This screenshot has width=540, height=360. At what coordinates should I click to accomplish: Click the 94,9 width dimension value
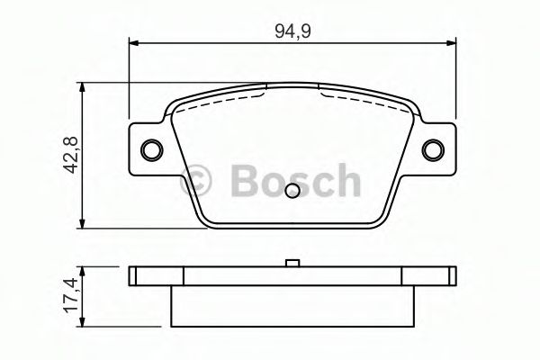293,29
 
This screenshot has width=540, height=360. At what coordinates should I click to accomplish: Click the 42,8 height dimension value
64,156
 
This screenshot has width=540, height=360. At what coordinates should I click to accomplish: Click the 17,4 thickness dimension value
64,294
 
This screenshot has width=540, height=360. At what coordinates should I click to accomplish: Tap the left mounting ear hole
153,149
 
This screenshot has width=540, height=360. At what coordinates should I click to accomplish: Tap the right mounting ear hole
434,149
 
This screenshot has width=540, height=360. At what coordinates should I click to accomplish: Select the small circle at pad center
292,191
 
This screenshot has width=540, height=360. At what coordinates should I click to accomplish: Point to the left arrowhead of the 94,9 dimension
134,40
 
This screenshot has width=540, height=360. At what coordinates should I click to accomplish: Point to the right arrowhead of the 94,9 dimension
452,40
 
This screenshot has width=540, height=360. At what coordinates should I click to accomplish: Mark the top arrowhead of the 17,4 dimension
83,269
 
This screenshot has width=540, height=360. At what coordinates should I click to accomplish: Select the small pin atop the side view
292,264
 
